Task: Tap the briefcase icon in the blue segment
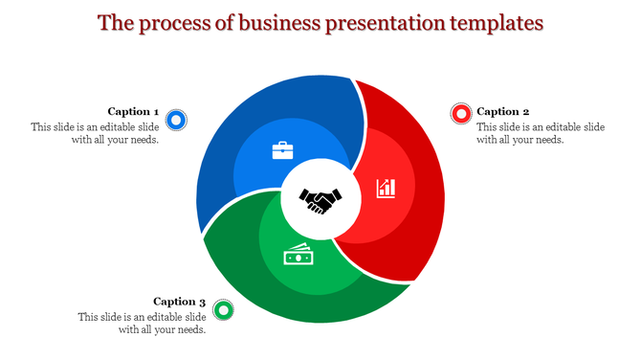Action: click(283, 150)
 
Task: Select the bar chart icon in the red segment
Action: click(387, 187)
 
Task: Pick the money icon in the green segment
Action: click(298, 256)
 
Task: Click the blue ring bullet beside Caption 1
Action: click(175, 120)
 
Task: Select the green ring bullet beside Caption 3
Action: click(223, 309)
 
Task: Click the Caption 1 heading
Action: click(133, 112)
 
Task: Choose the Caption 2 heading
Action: click(502, 112)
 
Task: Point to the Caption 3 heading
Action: click(179, 302)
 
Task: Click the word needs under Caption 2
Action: click(547, 140)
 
